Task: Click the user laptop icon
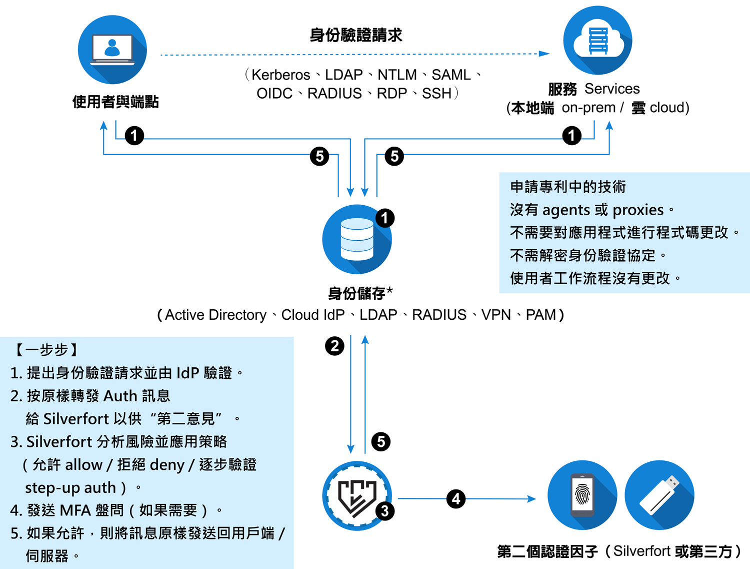pos(112,50)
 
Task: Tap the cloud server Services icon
pos(597,40)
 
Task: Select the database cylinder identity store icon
pos(357,239)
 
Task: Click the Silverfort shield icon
pos(357,496)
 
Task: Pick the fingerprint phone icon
pos(582,495)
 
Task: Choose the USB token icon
pos(659,495)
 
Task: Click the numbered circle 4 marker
pos(456,498)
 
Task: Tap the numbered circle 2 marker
pos(334,346)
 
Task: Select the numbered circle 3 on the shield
pos(384,511)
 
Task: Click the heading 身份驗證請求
pos(356,35)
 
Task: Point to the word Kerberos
pos(280,75)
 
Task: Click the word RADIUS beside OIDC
pos(334,94)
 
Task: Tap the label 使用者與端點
pos(115,102)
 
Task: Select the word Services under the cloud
pos(612,89)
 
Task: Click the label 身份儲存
pos(356,293)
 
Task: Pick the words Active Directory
pos(215,315)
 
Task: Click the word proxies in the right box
pos(638,210)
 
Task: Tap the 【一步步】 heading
pos(45,350)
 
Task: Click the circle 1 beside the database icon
pos(384,218)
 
